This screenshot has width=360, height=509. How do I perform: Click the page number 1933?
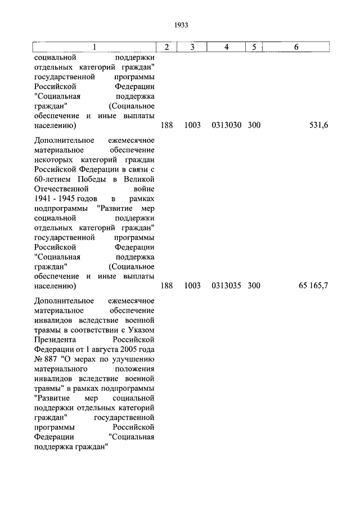point(181,25)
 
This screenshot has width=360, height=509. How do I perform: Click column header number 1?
point(94,47)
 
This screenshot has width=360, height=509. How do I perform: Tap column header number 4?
point(226,47)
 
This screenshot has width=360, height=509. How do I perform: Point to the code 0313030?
point(227,125)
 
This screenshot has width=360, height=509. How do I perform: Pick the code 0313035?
point(227,286)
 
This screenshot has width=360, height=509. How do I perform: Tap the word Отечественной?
point(60,190)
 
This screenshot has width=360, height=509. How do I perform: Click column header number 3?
point(192,47)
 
